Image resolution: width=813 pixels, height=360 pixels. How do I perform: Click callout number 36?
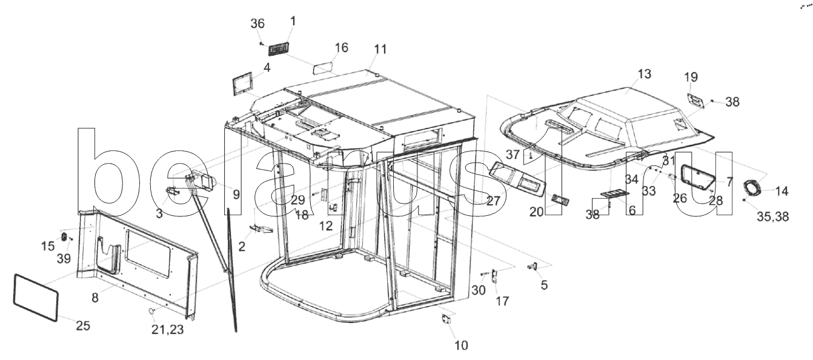(x=257, y=24)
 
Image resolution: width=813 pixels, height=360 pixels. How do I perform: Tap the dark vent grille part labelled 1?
(x=279, y=48)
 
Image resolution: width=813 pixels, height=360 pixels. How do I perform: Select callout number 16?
(x=341, y=48)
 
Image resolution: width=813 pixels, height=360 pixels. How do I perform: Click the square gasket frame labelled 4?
(x=242, y=85)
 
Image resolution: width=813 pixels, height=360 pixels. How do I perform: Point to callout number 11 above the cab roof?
(x=380, y=49)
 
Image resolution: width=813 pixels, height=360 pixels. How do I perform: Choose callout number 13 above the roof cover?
(x=645, y=74)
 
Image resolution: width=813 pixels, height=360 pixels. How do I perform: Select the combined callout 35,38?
(x=772, y=217)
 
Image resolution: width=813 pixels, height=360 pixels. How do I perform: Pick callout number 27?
(x=493, y=201)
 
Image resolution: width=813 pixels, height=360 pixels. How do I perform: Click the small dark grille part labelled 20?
(x=560, y=199)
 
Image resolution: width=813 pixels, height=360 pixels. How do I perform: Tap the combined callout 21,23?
(x=168, y=330)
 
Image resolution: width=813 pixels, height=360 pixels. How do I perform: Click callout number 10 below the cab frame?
(x=461, y=345)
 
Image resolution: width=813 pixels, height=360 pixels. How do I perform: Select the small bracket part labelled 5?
(x=533, y=267)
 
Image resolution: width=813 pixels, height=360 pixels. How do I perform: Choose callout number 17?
(x=503, y=301)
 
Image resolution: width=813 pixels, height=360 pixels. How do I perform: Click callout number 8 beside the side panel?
(x=95, y=298)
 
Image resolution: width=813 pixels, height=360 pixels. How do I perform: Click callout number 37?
(x=513, y=155)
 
